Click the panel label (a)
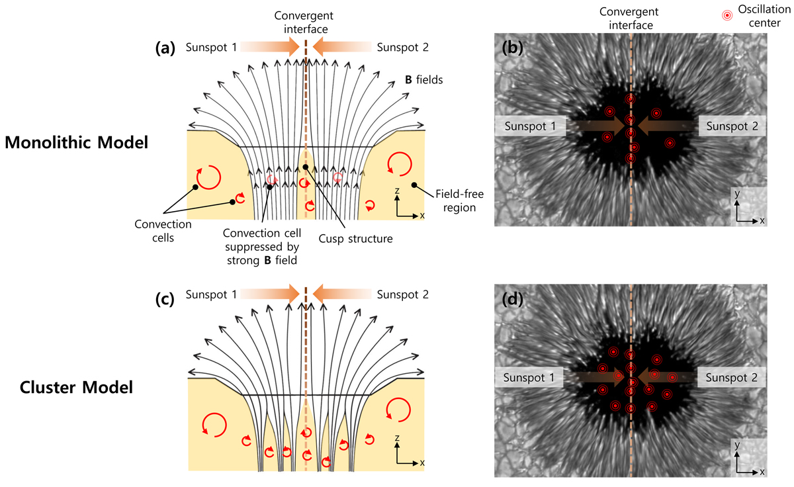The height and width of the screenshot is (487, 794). (165, 48)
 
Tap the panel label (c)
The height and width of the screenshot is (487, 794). (165, 299)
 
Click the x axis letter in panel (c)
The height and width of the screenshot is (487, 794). (422, 463)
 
